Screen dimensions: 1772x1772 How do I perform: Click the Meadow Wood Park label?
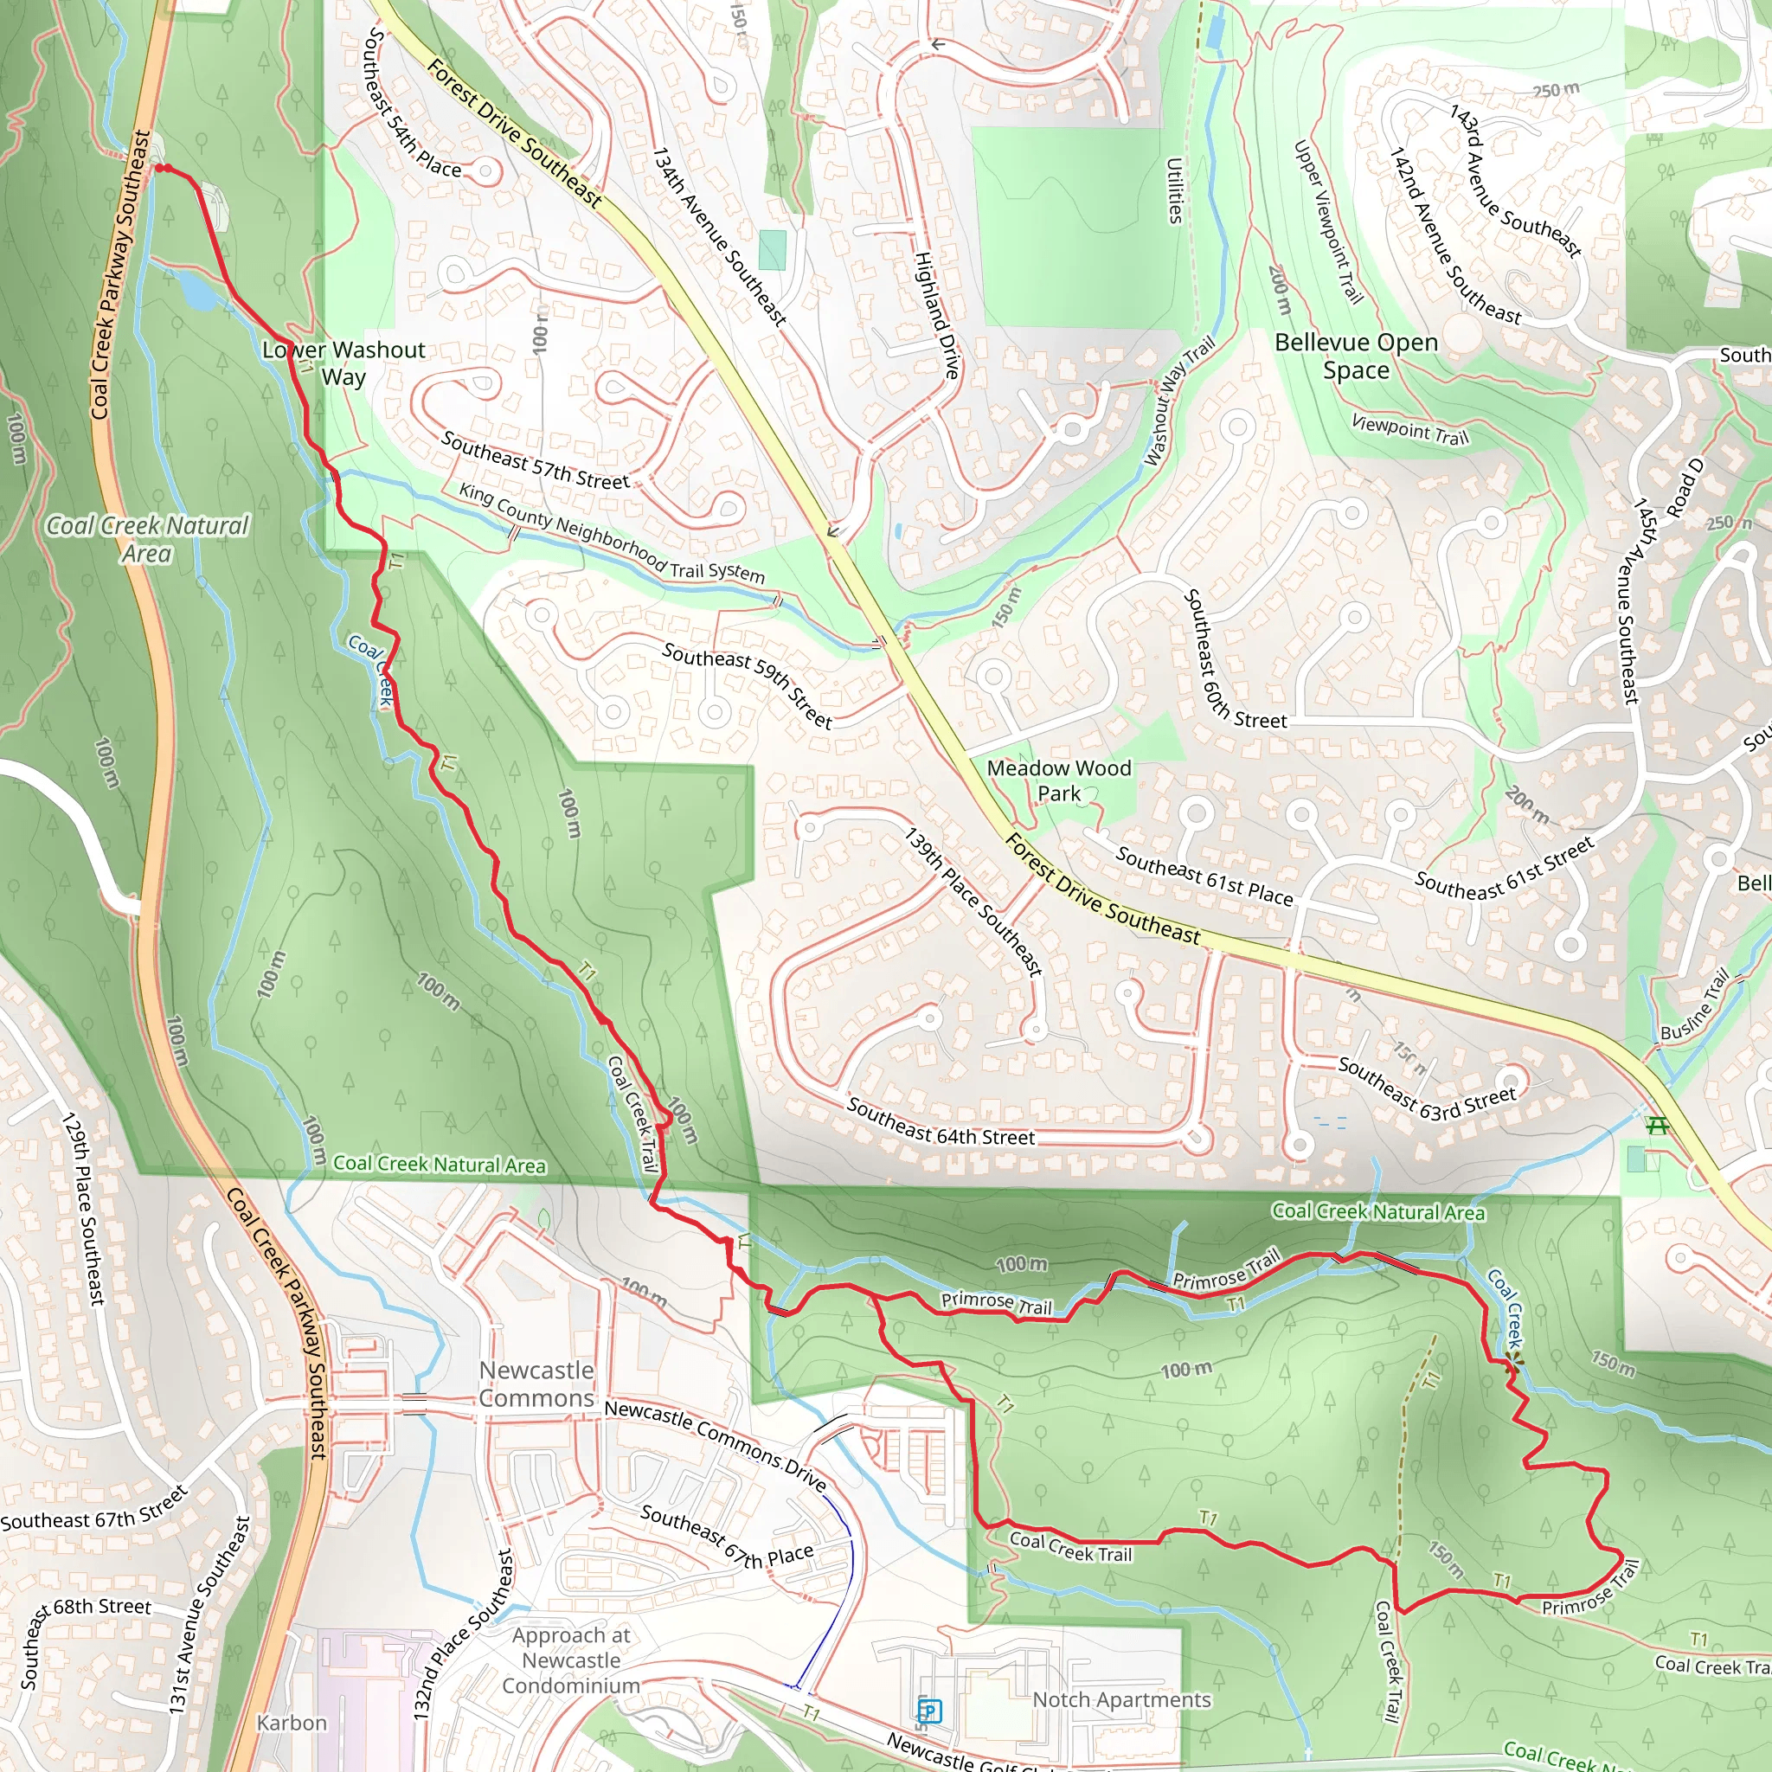pos(1058,780)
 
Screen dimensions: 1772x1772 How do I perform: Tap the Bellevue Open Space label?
pos(1356,356)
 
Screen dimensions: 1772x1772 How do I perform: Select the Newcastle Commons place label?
pos(536,1384)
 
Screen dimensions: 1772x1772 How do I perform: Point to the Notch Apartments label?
pos(1120,1699)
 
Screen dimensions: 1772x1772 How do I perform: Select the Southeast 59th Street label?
pos(748,685)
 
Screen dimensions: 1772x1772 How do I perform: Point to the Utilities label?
pos(1175,189)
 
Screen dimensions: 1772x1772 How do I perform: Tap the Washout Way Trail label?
pos(1178,401)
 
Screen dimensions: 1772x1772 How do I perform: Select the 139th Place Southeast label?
pos(973,902)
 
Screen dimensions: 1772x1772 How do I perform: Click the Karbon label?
pos(292,1723)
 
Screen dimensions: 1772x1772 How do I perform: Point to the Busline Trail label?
pos(1695,1006)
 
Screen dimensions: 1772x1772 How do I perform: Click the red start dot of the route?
pos(162,168)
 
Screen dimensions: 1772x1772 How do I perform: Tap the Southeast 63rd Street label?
pos(1426,1088)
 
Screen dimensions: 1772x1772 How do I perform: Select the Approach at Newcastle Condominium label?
pos(570,1660)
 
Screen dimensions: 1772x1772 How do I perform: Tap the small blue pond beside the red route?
pos(196,292)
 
